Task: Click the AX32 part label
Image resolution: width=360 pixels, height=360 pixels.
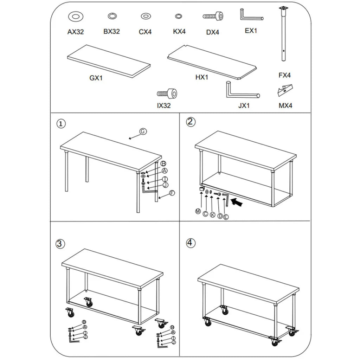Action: point(76,32)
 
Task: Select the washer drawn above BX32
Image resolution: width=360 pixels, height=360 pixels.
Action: point(112,16)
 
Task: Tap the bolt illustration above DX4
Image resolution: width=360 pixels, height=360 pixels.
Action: point(213,16)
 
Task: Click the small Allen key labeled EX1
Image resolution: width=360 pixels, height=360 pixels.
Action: point(251,16)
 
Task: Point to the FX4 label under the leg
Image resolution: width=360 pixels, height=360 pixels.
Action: point(284,75)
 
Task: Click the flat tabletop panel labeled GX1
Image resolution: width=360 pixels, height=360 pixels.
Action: point(109,61)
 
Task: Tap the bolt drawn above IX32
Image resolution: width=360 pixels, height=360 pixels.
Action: point(167,94)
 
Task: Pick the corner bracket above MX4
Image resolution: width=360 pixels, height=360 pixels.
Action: point(285,90)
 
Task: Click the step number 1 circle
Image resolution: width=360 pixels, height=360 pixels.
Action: point(61,123)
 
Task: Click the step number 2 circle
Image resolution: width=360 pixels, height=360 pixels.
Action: point(190,122)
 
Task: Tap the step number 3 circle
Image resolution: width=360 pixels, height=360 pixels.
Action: point(60,243)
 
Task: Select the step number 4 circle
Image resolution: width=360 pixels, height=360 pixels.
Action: point(190,243)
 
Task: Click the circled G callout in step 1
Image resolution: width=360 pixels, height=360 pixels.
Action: point(143,131)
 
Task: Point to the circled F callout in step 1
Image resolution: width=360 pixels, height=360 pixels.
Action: point(172,193)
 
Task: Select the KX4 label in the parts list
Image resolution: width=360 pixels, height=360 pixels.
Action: point(179,32)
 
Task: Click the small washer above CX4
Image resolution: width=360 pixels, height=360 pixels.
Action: point(145,16)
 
